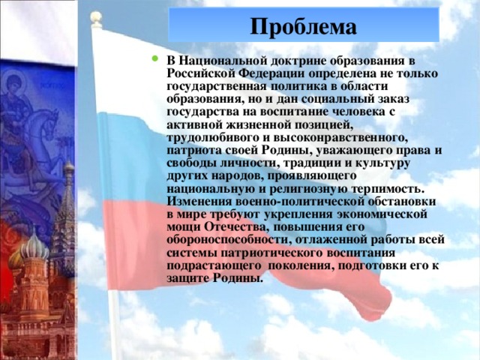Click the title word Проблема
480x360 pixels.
(303, 27)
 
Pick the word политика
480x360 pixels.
(291, 85)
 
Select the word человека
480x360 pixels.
(362, 112)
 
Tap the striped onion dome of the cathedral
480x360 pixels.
(33, 247)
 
